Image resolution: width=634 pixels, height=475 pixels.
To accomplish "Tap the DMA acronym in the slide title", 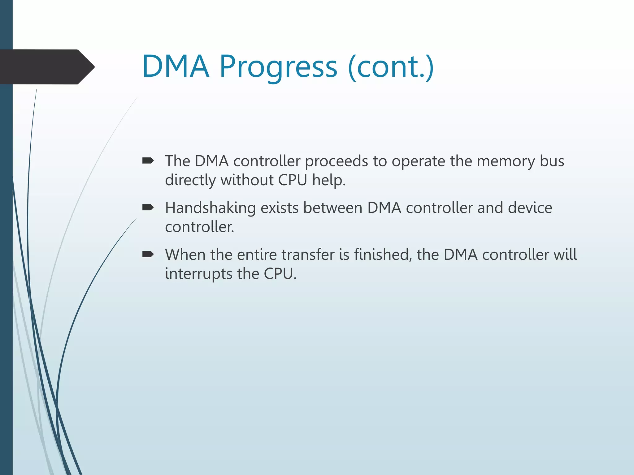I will click(x=176, y=66).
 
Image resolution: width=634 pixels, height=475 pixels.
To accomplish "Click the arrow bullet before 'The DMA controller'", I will click(x=148, y=160).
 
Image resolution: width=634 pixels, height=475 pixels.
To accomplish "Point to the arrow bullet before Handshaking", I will click(x=148, y=207).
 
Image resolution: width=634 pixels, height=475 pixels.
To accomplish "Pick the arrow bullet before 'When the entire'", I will click(x=148, y=254).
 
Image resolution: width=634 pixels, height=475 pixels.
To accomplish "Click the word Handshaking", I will click(x=210, y=208).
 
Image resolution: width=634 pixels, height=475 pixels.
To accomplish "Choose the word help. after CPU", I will click(x=328, y=180).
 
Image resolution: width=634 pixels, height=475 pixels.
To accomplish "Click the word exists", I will click(x=280, y=208).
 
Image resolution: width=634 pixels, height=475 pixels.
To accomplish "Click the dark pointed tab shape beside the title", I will click(x=46, y=67).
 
